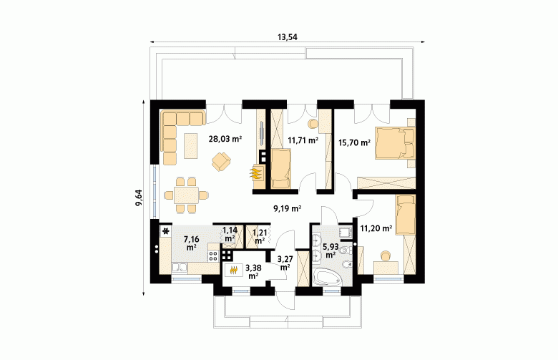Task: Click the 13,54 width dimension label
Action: pyautogui.click(x=287, y=37)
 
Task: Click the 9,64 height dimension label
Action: pyautogui.click(x=139, y=198)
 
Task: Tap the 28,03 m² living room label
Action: pyautogui.click(x=225, y=139)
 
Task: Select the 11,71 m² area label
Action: pyautogui.click(x=303, y=140)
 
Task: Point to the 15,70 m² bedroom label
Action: pyautogui.click(x=354, y=143)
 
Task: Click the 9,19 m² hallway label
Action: pyautogui.click(x=287, y=209)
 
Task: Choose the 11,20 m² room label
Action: pyautogui.click(x=376, y=228)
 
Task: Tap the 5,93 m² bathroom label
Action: pyautogui.click(x=330, y=250)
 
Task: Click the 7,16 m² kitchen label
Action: pyautogui.click(x=192, y=243)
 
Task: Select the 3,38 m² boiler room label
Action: pyautogui.click(x=253, y=271)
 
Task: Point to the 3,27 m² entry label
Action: pyautogui.click(x=285, y=263)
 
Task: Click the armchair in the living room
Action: pyautogui.click(x=221, y=161)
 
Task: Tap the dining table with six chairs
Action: pyautogui.click(x=187, y=195)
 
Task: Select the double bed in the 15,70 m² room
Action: pyautogui.click(x=395, y=143)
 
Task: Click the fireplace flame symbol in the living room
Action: pyautogui.click(x=256, y=173)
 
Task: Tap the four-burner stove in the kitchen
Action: pyautogui.click(x=213, y=255)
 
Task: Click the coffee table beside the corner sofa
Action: pyautogui.click(x=191, y=145)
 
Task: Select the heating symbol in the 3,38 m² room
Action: pyautogui.click(x=233, y=271)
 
